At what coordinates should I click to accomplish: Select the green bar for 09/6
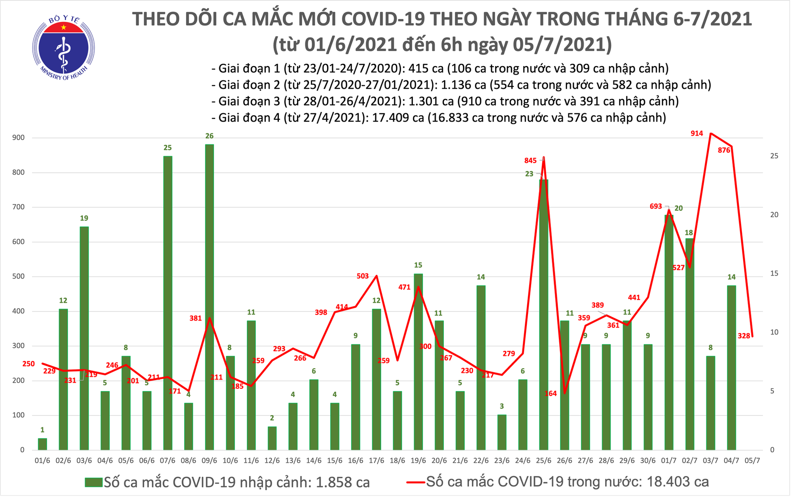[209, 297]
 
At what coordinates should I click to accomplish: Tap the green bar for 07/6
[168, 303]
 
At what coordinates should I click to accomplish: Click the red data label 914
[696, 133]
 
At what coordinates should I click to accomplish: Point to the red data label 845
[530, 160]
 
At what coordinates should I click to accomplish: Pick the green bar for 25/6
[544, 315]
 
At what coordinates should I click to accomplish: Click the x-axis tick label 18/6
[397, 461]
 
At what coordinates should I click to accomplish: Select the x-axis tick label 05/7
[752, 461]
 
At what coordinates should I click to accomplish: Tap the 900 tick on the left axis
[18, 138]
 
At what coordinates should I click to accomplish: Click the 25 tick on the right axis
[774, 156]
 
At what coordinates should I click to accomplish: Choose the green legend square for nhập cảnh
[93, 482]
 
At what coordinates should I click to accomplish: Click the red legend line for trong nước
[416, 482]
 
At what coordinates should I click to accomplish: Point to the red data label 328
[744, 336]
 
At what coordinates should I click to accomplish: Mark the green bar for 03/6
[84, 338]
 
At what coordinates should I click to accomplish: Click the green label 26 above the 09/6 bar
[209, 136]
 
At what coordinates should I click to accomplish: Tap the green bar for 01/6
[42, 444]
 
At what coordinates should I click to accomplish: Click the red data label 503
[362, 276]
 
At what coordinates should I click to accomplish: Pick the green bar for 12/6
[272, 438]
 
